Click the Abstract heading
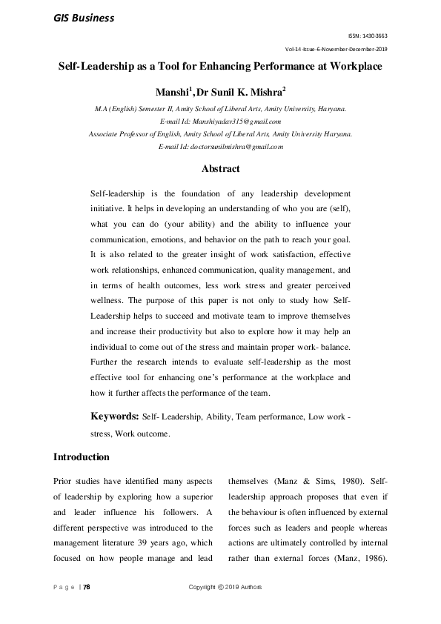pyautogui.click(x=220, y=169)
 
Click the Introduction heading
pyautogui.click(x=82, y=457)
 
